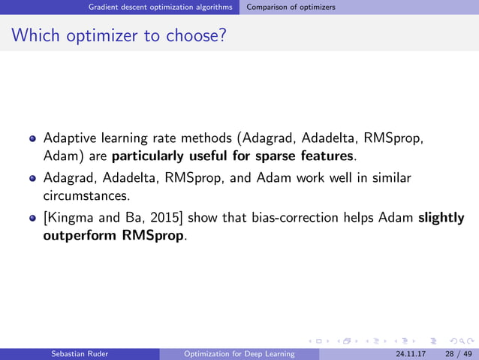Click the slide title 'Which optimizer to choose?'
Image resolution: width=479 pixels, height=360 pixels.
119,35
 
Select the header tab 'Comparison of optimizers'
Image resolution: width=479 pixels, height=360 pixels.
291,7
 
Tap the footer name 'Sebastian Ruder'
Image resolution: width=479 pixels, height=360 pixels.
77,354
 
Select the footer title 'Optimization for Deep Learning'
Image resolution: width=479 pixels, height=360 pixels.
239,354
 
